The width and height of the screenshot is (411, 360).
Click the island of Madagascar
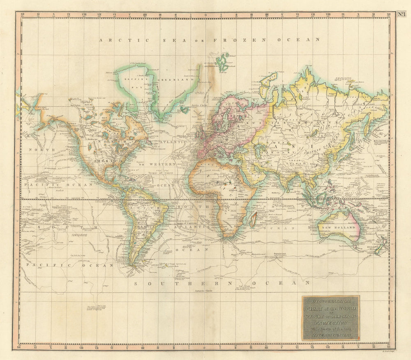click(x=254, y=219)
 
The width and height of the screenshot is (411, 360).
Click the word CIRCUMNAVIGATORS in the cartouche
click(x=331, y=335)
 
